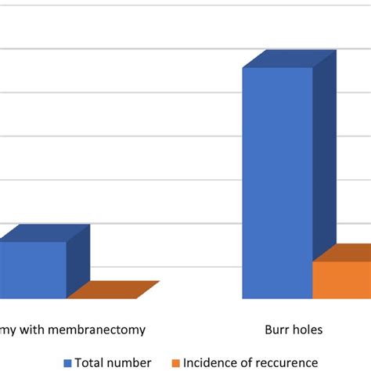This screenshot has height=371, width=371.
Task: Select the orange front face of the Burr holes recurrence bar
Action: (x=341, y=280)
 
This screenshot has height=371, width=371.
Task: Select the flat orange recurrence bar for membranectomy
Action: (x=113, y=290)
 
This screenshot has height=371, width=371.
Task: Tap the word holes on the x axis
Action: (x=306, y=330)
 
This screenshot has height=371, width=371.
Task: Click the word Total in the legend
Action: (x=92, y=362)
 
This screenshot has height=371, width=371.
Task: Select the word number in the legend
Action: (x=131, y=362)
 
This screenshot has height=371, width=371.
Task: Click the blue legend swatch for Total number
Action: (x=68, y=363)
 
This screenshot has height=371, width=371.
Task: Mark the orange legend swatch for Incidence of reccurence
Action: (x=176, y=363)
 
